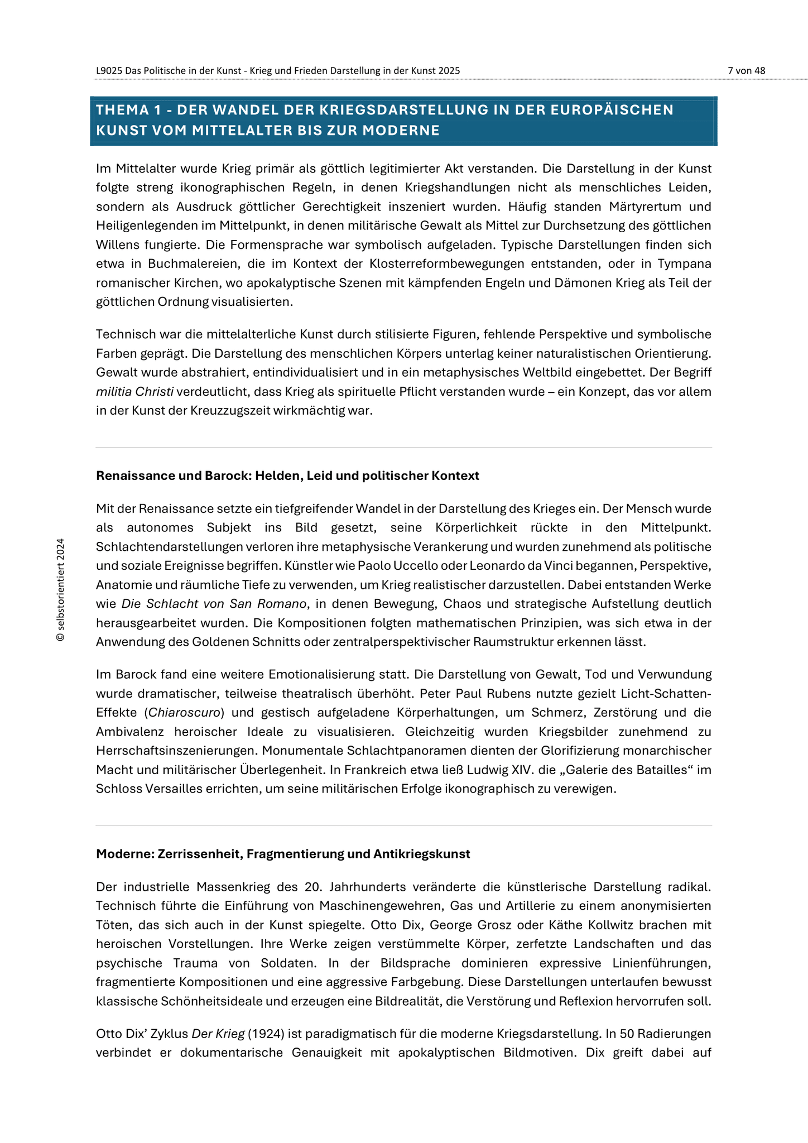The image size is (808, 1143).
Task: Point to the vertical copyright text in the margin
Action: (x=60, y=589)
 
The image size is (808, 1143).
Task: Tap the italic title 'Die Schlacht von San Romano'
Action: (x=214, y=604)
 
